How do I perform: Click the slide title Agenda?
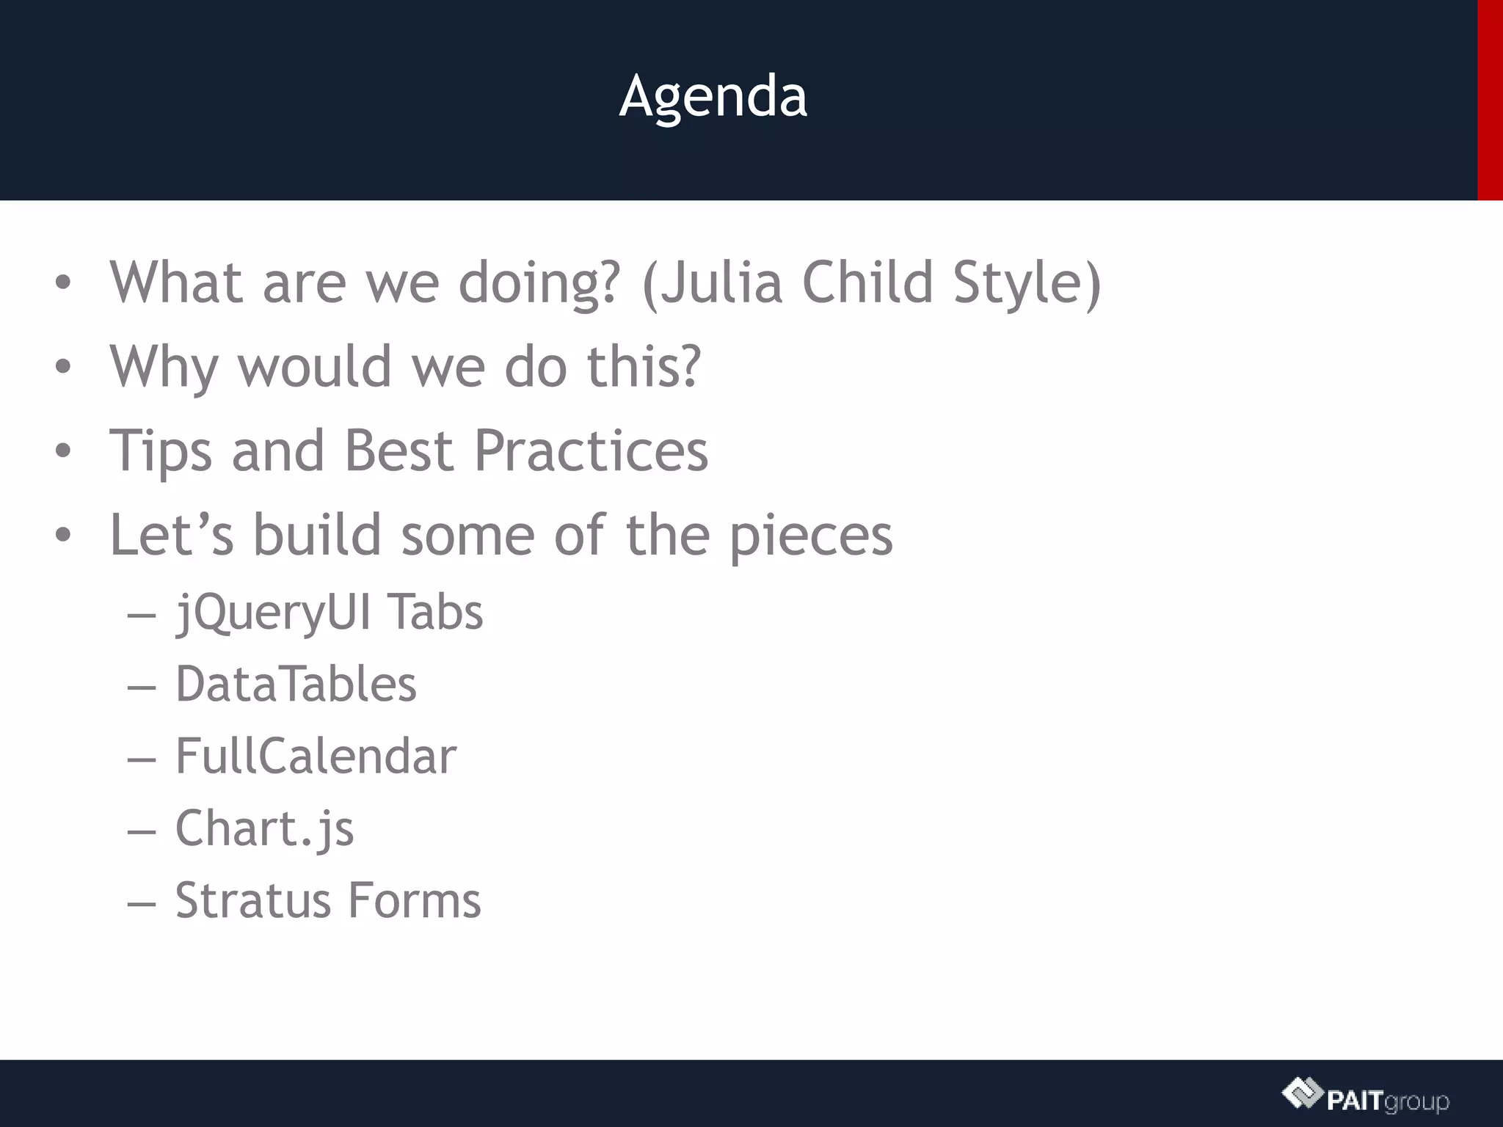coord(713,96)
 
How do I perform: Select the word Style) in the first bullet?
coord(1027,282)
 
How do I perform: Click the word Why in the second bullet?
coord(164,366)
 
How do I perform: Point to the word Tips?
coord(161,451)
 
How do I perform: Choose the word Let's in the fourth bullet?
coord(171,534)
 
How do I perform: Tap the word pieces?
coord(810,536)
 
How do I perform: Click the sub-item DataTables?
coord(296,684)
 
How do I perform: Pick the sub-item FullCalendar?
coord(316,756)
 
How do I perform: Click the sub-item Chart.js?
coord(264,828)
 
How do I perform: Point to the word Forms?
coord(414,900)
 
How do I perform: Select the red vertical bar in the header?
coord(1490,100)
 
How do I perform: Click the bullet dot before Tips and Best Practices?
coord(63,451)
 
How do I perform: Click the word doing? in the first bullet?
coord(539,282)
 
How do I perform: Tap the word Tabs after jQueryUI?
coord(434,613)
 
